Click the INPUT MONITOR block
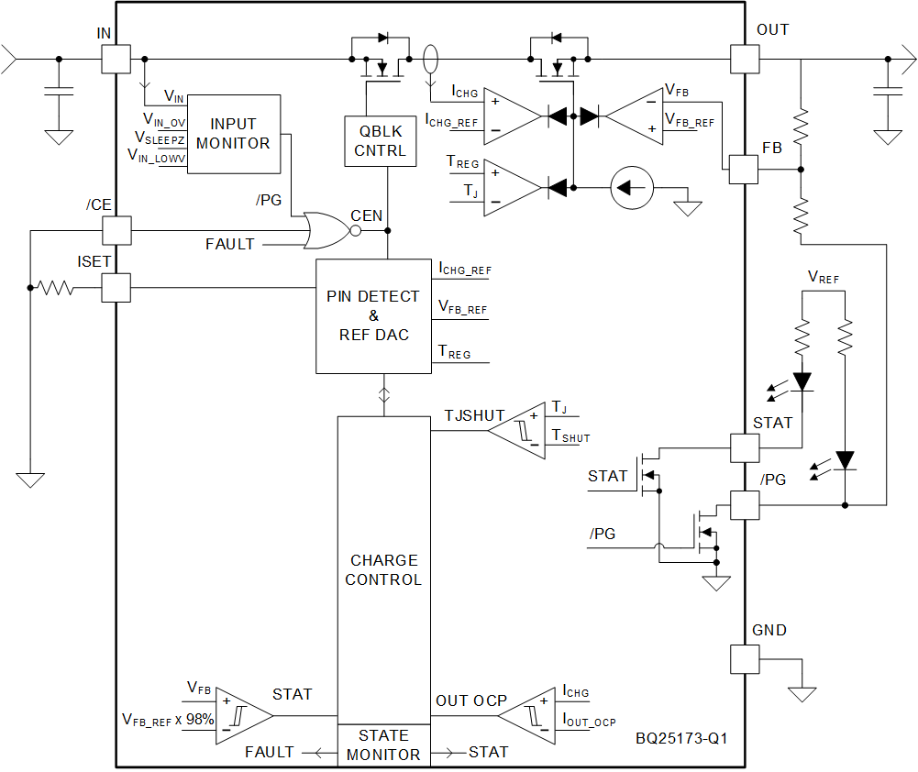(x=233, y=134)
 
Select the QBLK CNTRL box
(x=380, y=141)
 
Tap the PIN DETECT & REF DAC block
(x=373, y=316)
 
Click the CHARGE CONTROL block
(x=383, y=568)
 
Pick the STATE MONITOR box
(x=383, y=745)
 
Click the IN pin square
(x=116, y=60)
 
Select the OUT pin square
(x=744, y=60)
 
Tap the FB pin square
(x=744, y=170)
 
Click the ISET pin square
(x=116, y=288)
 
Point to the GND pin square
(x=744, y=659)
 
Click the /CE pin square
(x=116, y=230)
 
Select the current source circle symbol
(x=633, y=188)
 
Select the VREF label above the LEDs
(x=823, y=276)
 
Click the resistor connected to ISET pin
(x=55, y=288)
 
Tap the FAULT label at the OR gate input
(x=229, y=245)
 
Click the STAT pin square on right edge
(x=744, y=447)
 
